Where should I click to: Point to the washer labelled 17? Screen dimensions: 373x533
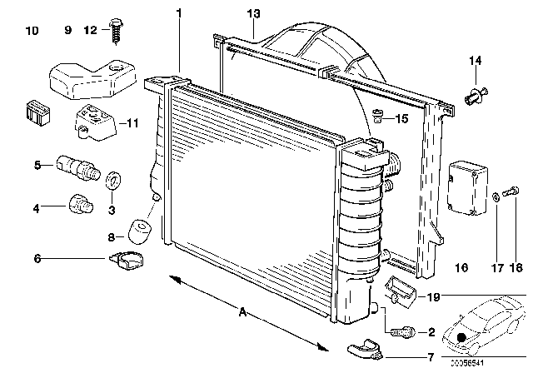coord(496,196)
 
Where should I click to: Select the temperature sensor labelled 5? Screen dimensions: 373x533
coord(77,167)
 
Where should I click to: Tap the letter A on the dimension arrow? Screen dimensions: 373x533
coord(243,312)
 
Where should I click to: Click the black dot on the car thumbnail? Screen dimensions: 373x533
coord(461,339)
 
